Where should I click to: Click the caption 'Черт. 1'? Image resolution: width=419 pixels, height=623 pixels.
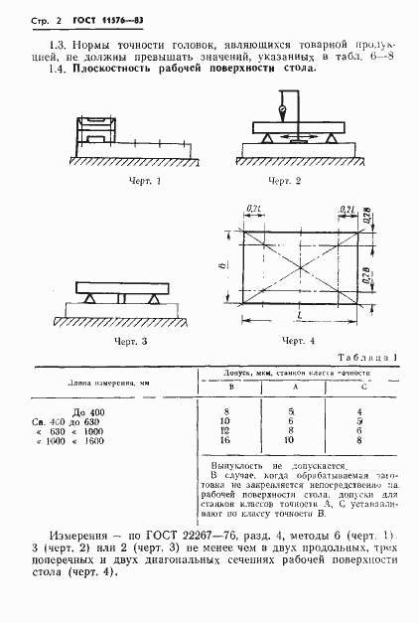(145, 182)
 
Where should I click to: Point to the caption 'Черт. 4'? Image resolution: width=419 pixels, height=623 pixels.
(298, 341)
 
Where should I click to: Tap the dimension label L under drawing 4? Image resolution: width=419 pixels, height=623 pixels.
(301, 314)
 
